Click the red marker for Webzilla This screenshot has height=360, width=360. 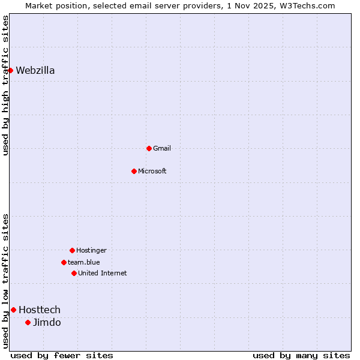(x=10, y=70)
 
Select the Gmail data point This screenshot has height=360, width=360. (x=149, y=148)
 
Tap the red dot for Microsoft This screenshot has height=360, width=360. (x=134, y=171)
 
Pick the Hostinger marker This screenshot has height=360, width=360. (x=72, y=250)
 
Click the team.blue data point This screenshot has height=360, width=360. (x=64, y=262)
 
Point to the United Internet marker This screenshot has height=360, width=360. (x=74, y=273)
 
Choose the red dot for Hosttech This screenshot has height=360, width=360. (x=13, y=310)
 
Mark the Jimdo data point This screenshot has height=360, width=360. (x=28, y=322)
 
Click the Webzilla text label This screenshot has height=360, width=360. (x=35, y=70)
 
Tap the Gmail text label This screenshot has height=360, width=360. (x=162, y=148)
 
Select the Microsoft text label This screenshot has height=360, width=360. (x=152, y=171)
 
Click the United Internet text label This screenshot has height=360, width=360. (x=103, y=273)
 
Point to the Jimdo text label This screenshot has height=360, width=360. (x=47, y=322)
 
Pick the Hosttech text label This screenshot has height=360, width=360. (x=40, y=310)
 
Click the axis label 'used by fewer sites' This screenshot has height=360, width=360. (x=62, y=355)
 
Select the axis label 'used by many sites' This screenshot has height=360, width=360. (x=301, y=355)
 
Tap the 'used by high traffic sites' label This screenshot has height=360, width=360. (x=5, y=85)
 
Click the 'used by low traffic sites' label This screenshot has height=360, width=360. (x=5, y=280)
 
